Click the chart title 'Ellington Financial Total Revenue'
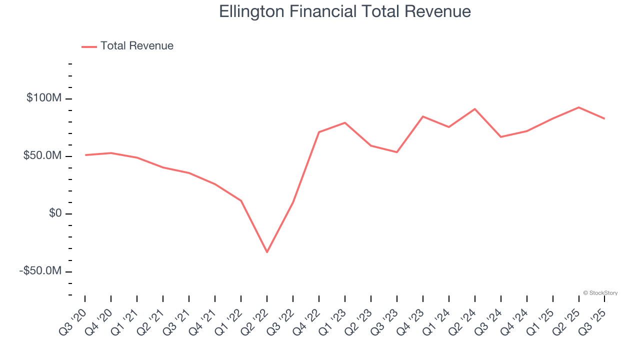tap(345, 11)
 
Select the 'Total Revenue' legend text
tap(136, 46)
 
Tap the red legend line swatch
tap(89, 46)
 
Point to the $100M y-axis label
tap(44, 98)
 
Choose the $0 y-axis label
tap(55, 213)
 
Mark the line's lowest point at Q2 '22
tap(267, 252)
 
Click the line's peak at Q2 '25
tap(579, 107)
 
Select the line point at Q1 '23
tap(345, 122)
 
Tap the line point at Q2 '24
tap(475, 109)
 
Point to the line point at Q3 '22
tap(293, 202)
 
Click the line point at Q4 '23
tap(423, 116)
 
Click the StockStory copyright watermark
tap(600, 293)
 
